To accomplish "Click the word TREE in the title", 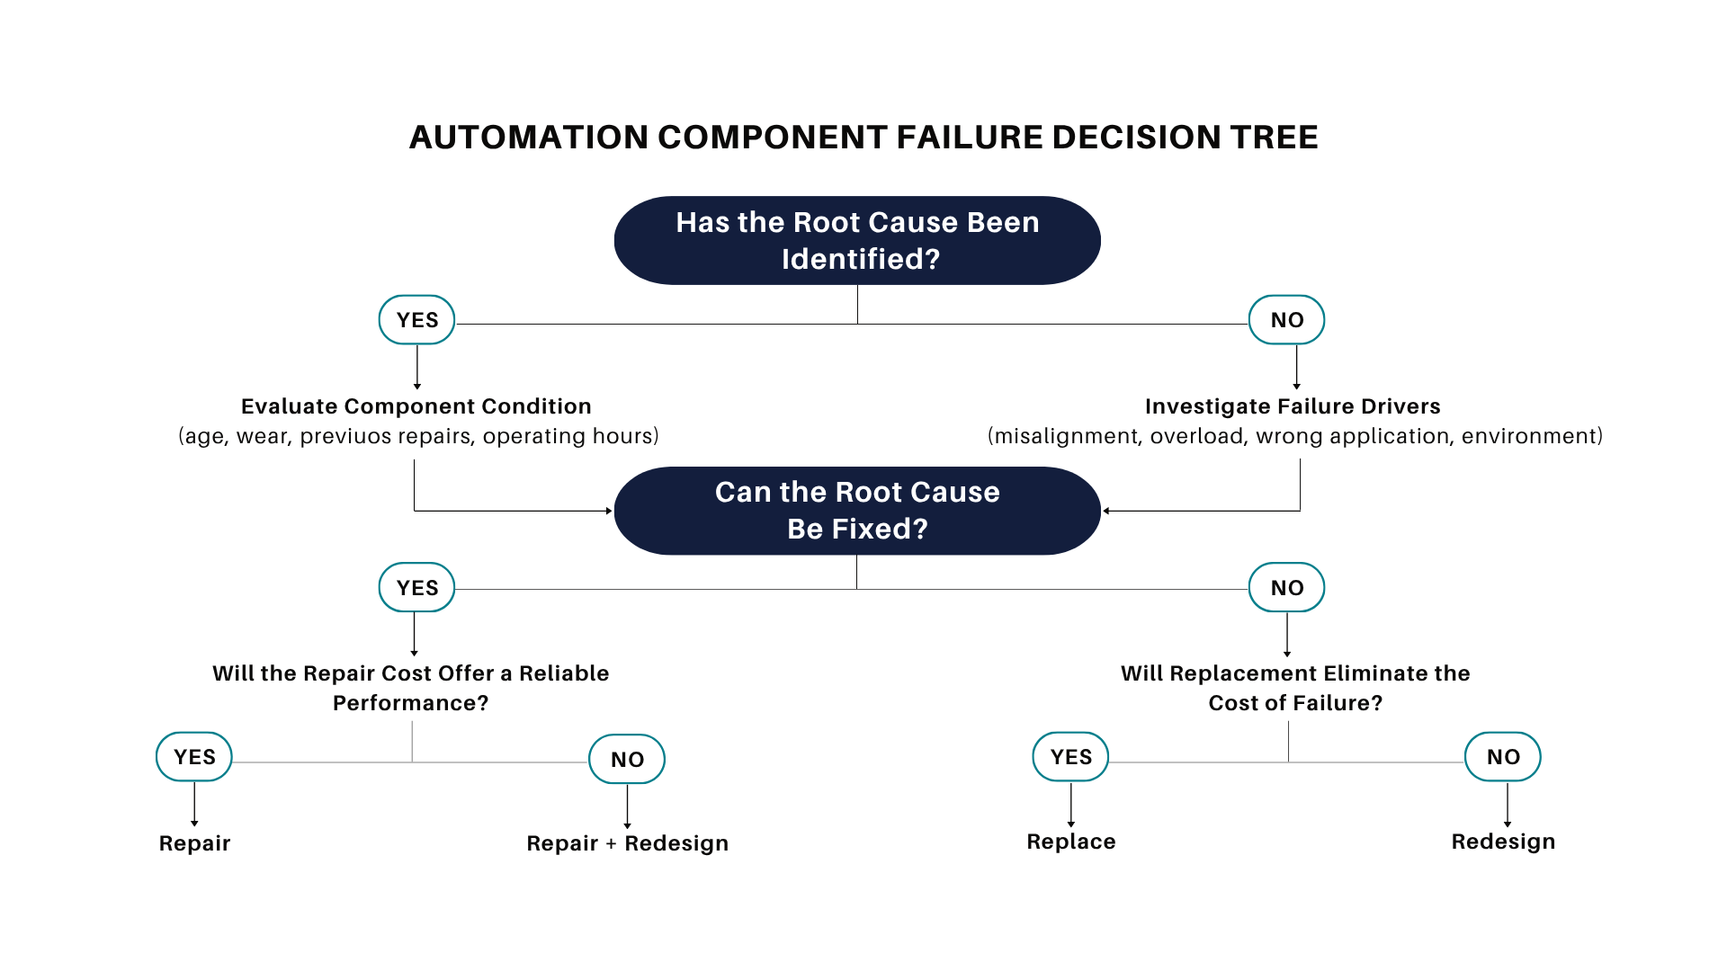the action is pyautogui.click(x=1275, y=138).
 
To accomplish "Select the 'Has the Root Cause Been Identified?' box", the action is pyautogui.click(x=857, y=240).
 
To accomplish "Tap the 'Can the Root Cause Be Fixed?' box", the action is pyautogui.click(x=857, y=511).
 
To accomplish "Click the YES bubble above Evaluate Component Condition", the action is pyautogui.click(x=416, y=319).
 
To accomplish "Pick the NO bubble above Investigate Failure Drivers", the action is pyautogui.click(x=1286, y=319).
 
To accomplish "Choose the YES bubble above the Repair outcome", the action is pyautogui.click(x=194, y=756).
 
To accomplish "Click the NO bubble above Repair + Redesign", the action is pyautogui.click(x=627, y=759).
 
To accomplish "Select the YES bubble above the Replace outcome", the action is pyautogui.click(x=1070, y=756).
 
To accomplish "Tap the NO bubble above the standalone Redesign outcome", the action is pyautogui.click(x=1503, y=756).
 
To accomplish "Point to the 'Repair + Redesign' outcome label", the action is pyautogui.click(x=628, y=843).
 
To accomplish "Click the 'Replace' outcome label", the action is pyautogui.click(x=1071, y=842).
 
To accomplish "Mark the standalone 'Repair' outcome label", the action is pyautogui.click(x=195, y=843).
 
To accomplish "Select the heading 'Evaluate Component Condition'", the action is pyautogui.click(x=416, y=406).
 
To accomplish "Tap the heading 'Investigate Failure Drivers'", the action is pyautogui.click(x=1293, y=406).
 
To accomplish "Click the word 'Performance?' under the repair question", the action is pyautogui.click(x=411, y=703).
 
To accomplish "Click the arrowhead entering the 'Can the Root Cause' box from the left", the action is pyautogui.click(x=609, y=511).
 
